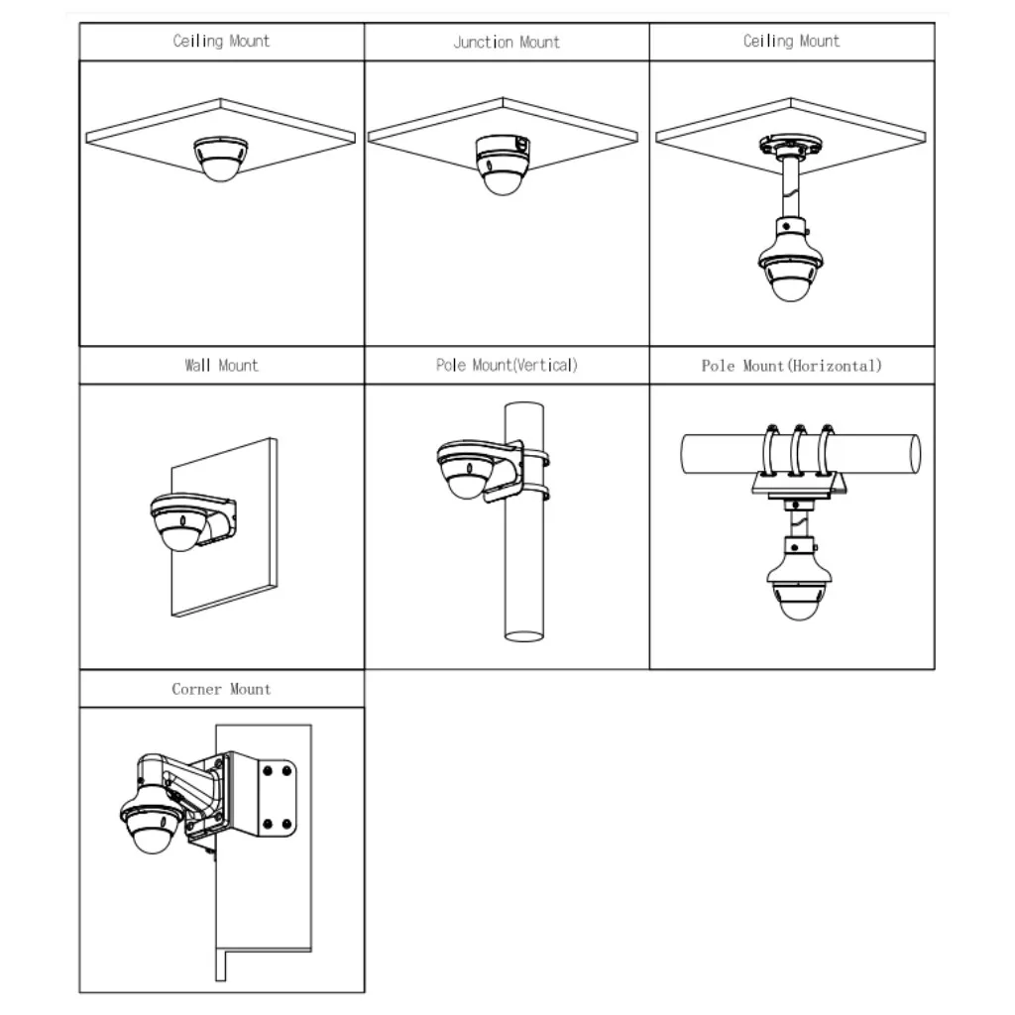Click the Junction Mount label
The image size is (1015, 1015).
tap(507, 42)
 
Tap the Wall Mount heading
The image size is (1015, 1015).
tap(221, 365)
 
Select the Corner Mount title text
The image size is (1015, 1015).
tap(221, 689)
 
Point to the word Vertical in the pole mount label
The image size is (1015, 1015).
tap(544, 365)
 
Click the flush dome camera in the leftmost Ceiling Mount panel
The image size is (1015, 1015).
tap(221, 158)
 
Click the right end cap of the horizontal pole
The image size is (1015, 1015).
tap(915, 455)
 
